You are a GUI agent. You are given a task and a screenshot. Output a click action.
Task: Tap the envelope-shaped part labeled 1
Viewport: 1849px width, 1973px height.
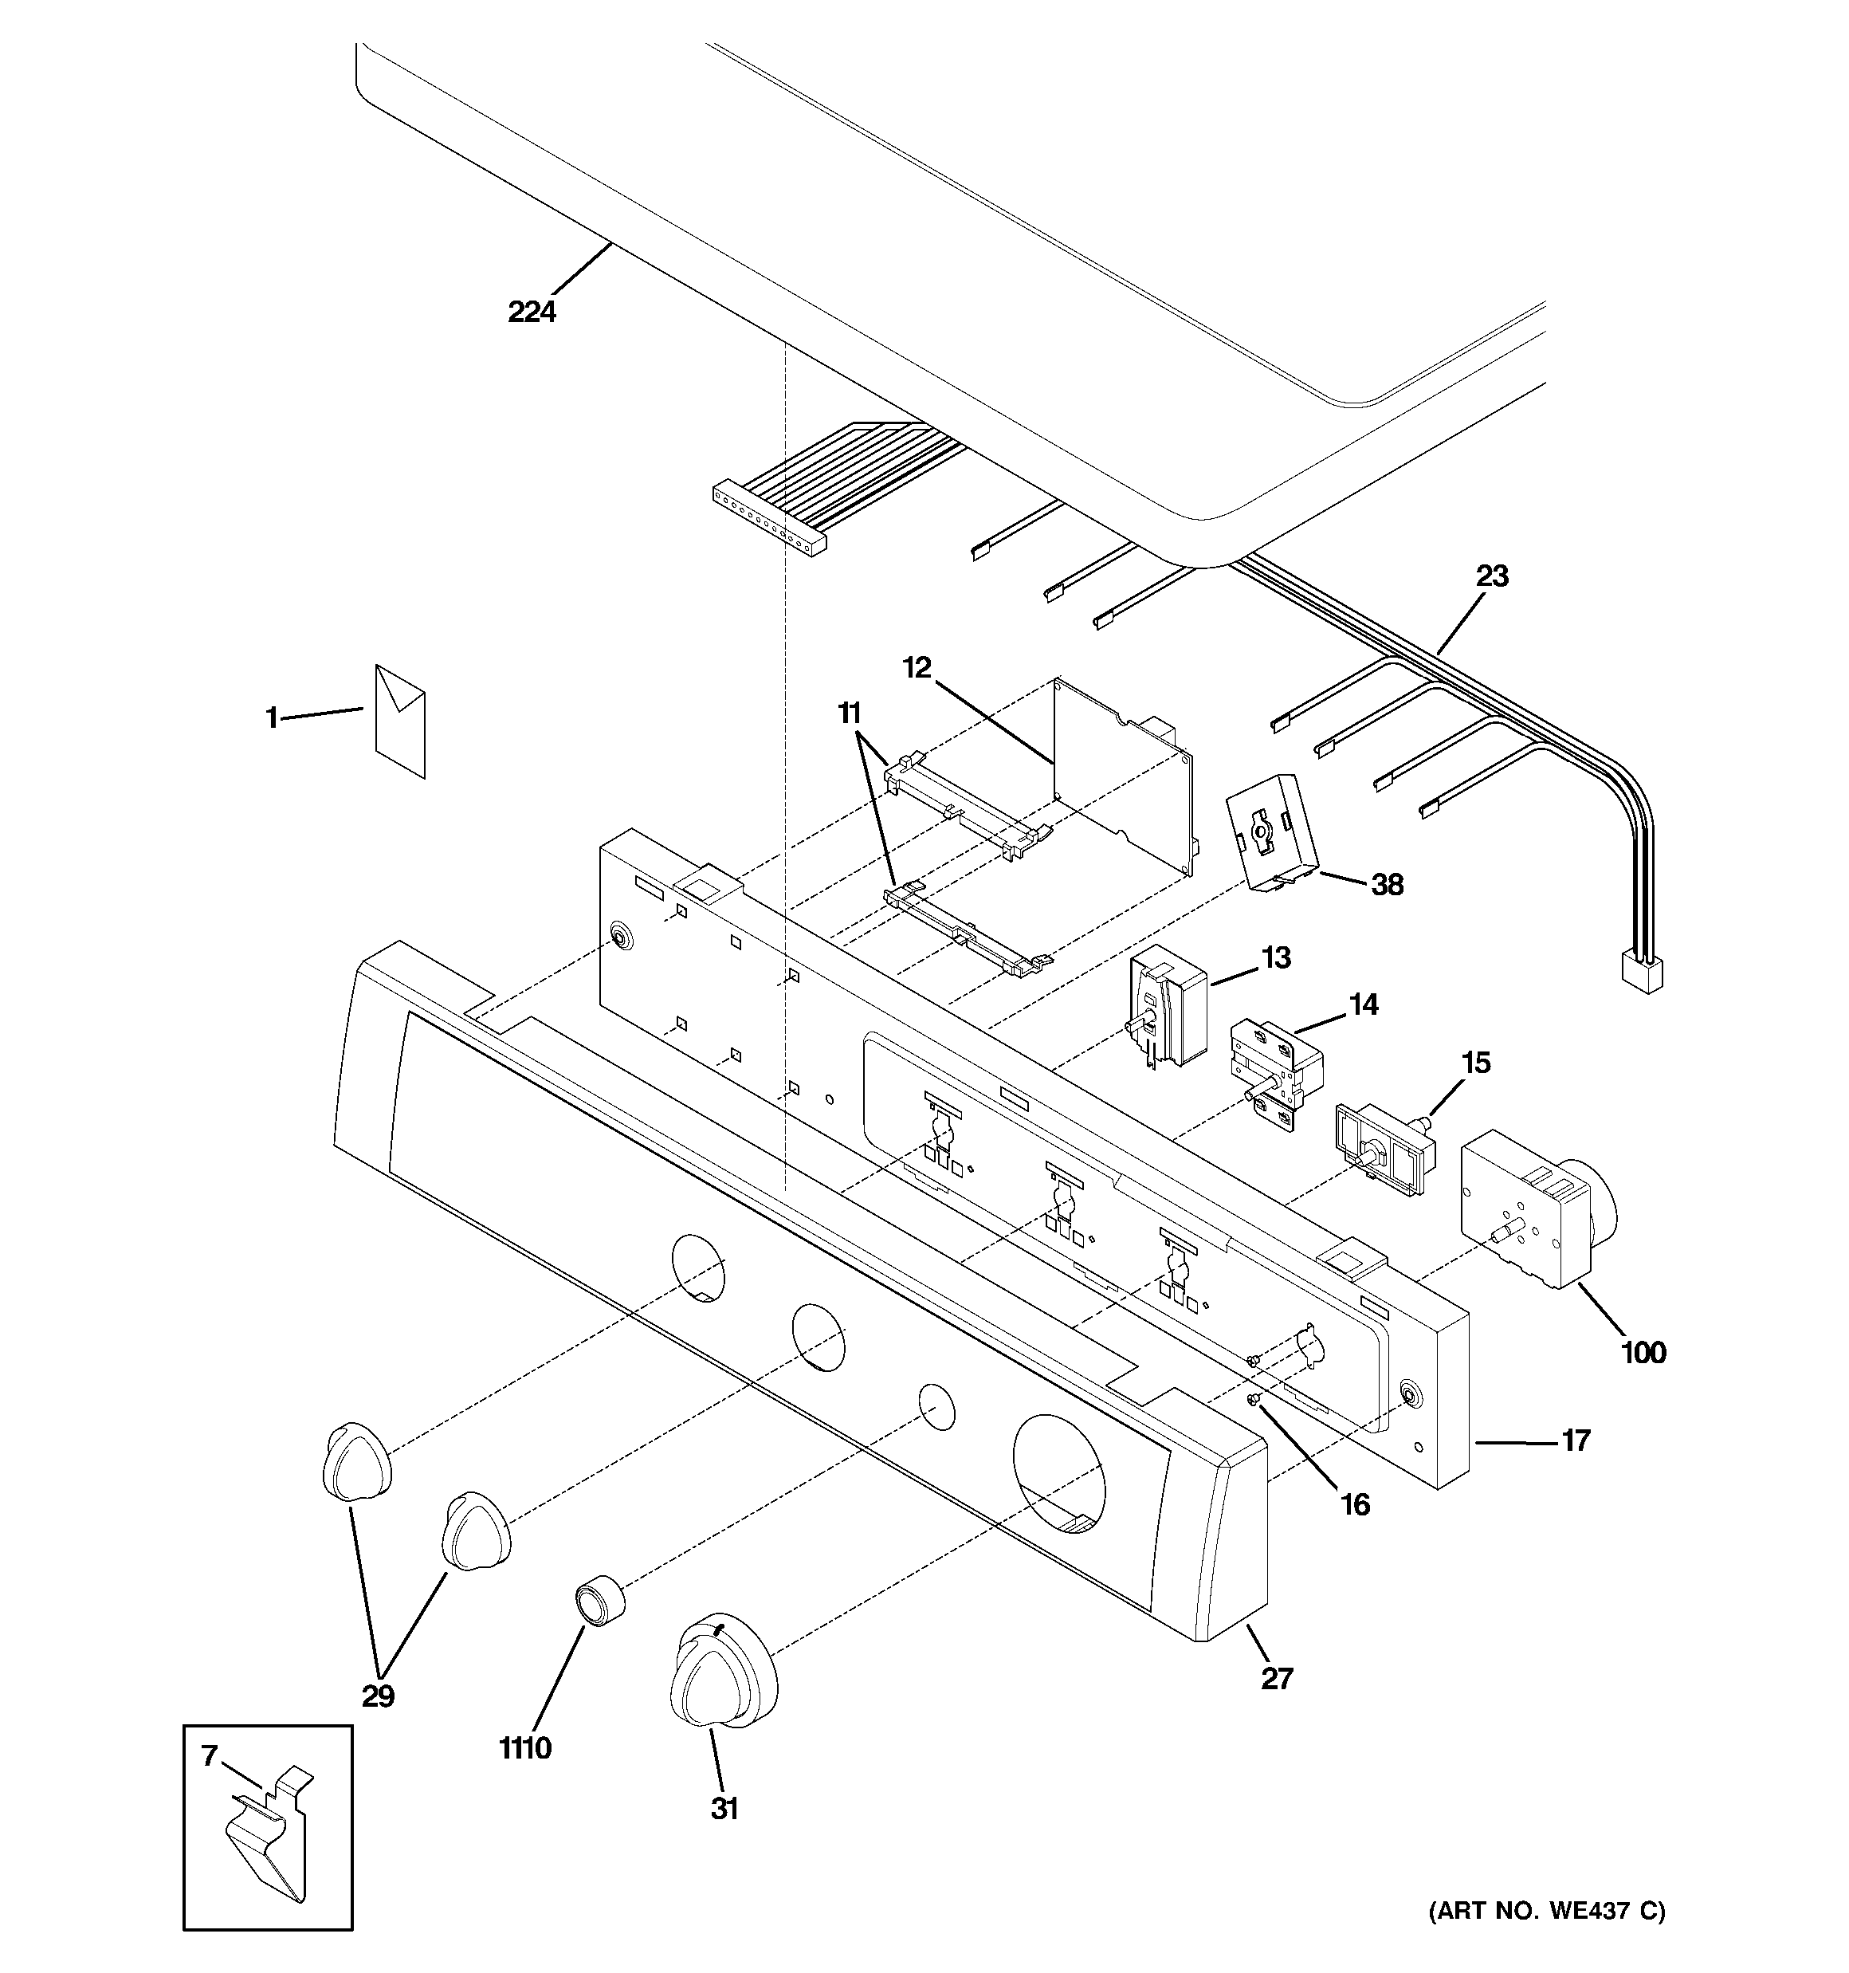click(400, 721)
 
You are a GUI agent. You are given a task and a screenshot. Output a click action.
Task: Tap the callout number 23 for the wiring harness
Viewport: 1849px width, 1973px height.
click(1492, 576)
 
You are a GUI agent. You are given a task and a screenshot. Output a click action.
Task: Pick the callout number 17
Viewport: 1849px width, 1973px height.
click(1576, 1440)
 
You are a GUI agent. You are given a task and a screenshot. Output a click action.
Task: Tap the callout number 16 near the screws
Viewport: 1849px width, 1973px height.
click(1355, 1504)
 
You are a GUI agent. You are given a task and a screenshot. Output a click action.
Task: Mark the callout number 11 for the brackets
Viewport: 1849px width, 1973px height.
click(849, 713)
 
